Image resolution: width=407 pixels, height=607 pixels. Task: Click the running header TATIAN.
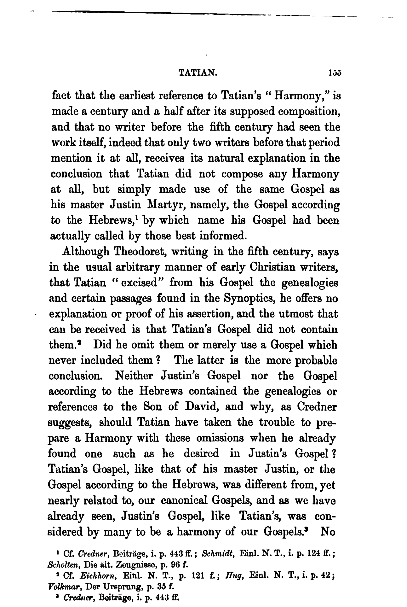(x=198, y=73)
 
